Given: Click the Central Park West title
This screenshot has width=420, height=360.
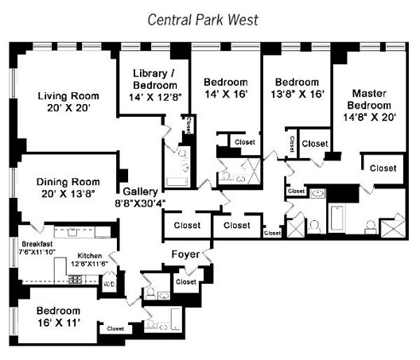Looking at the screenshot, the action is pos(203,20).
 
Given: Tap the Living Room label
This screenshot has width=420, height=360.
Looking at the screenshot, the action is pos(68,96).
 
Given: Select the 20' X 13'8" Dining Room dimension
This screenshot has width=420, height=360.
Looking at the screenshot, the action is pos(68,194).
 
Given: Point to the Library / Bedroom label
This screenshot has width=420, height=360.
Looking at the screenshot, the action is pos(155,79).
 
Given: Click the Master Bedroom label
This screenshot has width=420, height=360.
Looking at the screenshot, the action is pos(369,99).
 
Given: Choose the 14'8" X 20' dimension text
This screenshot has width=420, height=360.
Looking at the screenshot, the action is pos(370,118).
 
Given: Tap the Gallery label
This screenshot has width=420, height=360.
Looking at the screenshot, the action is pos(140,192).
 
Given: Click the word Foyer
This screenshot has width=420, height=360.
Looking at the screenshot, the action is pos(185,254).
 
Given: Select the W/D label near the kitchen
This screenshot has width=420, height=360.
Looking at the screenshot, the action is pos(110,284).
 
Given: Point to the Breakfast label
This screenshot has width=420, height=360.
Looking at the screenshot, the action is pos(37,244).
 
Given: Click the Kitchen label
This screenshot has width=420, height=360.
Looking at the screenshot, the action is pos(89,256).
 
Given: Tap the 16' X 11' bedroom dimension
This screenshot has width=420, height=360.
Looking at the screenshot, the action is pos(59,323).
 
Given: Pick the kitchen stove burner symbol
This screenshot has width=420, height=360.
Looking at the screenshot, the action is pos(76,280).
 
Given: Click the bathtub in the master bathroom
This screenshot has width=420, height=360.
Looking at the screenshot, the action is pos(336,218).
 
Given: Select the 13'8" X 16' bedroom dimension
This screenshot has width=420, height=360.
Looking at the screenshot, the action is pos(297,95).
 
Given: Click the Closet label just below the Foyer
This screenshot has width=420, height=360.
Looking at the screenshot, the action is pos(186,282).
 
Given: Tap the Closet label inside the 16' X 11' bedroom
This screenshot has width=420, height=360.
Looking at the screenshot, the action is pos(115,328).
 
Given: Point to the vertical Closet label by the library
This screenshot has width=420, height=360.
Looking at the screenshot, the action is pos(189,125).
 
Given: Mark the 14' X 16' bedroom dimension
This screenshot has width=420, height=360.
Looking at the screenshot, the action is pos(226,95).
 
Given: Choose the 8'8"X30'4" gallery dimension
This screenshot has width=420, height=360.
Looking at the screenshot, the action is pos(140,203).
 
